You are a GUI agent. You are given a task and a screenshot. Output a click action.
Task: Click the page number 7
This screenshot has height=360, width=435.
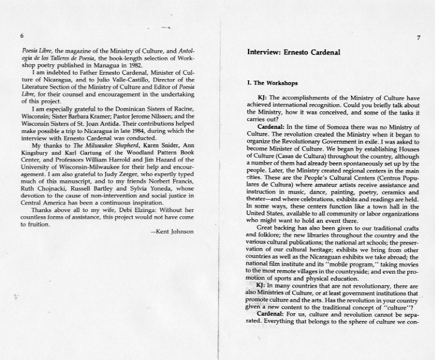(419, 38)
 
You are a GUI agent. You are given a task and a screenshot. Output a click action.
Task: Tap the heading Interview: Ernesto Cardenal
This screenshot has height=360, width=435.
(294, 52)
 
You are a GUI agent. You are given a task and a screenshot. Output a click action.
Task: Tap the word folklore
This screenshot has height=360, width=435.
(263, 235)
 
